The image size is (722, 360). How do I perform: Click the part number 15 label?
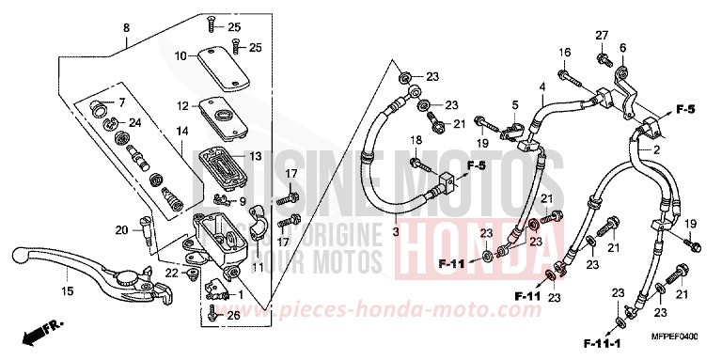click(68, 290)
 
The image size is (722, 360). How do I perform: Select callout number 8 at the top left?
click(126, 29)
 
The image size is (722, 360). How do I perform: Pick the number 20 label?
click(120, 230)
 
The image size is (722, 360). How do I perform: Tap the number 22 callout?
click(171, 273)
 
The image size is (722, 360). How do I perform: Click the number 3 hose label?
click(396, 230)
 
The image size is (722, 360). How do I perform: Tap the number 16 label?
click(565, 52)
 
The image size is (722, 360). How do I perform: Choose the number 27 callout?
click(601, 36)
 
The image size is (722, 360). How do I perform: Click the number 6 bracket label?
click(622, 48)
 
